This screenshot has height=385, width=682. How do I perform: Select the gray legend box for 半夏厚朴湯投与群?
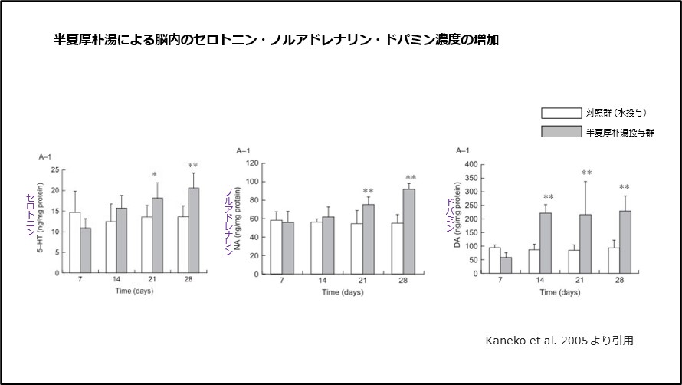pyautogui.click(x=561, y=132)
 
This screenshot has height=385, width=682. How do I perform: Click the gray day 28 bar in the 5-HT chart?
pyautogui.click(x=193, y=230)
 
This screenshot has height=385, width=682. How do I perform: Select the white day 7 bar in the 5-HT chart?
pyautogui.click(x=74, y=242)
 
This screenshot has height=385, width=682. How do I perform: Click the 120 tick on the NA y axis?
pyautogui.click(x=249, y=163)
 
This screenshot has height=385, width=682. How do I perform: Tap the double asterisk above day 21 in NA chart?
pyautogui.click(x=368, y=192)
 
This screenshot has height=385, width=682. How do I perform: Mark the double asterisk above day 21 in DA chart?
pyautogui.click(x=586, y=173)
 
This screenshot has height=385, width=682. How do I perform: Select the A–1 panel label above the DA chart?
pyautogui.click(x=463, y=151)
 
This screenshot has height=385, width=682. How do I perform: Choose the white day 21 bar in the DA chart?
pyautogui.click(x=575, y=262)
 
